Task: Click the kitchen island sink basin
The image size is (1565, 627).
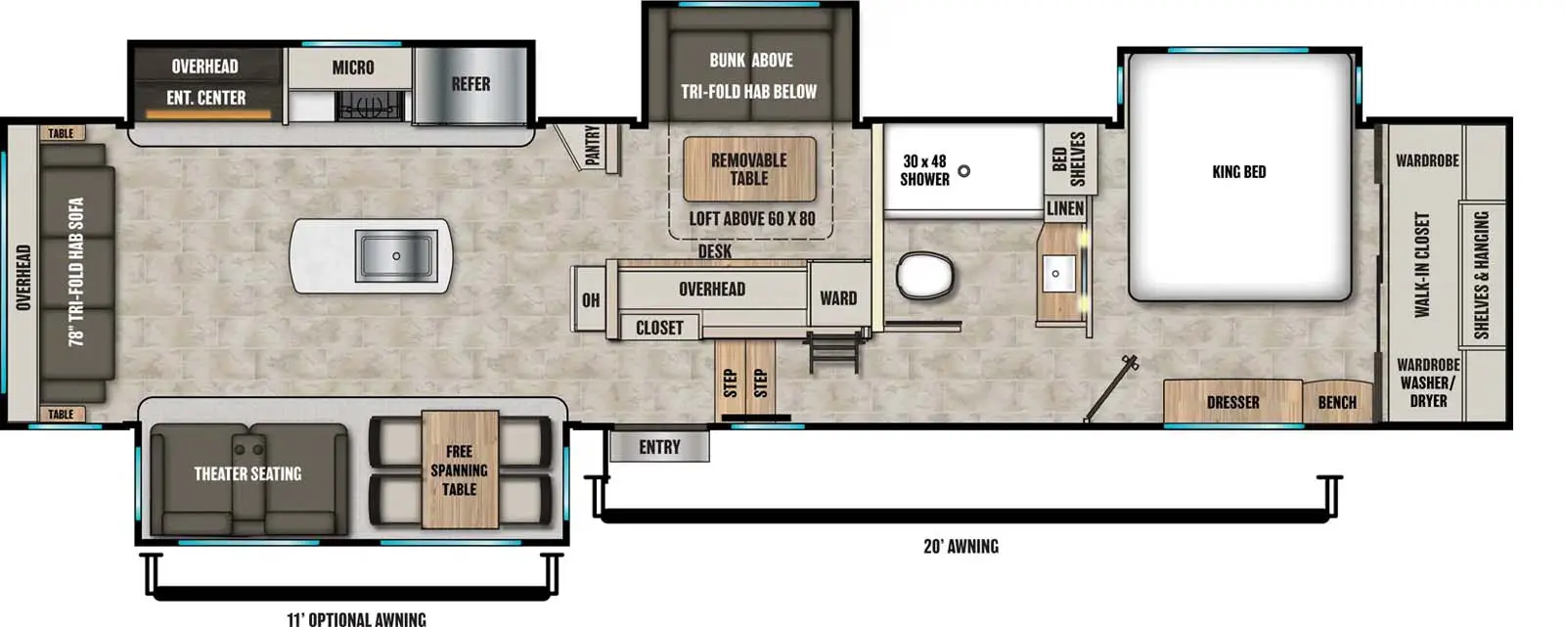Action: click(x=396, y=256)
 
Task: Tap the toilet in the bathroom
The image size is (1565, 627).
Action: click(x=924, y=275)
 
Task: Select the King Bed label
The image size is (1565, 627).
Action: click(x=1238, y=172)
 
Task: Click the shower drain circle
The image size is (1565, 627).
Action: click(x=963, y=171)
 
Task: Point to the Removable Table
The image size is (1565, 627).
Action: click(x=748, y=169)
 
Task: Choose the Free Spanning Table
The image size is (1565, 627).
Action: click(x=459, y=470)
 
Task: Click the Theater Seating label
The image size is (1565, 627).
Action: click(x=247, y=473)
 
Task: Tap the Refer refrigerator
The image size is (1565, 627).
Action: click(x=470, y=84)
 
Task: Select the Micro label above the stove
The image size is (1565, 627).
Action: click(x=352, y=67)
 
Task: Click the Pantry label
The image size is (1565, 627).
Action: click(x=592, y=145)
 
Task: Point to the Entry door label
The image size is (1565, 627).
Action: click(x=659, y=447)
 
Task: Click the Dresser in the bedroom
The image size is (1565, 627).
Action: click(x=1232, y=402)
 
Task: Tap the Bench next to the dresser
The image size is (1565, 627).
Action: click(x=1336, y=402)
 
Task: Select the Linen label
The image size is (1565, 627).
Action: click(x=1064, y=208)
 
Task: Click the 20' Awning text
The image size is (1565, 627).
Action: click(x=961, y=546)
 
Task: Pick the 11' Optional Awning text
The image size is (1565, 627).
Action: click(x=356, y=618)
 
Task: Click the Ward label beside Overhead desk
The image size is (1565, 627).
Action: click(x=838, y=298)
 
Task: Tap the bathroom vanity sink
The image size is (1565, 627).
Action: click(x=1056, y=274)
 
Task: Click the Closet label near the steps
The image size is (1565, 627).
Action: click(x=659, y=328)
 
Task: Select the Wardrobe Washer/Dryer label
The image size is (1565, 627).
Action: click(x=1427, y=382)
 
